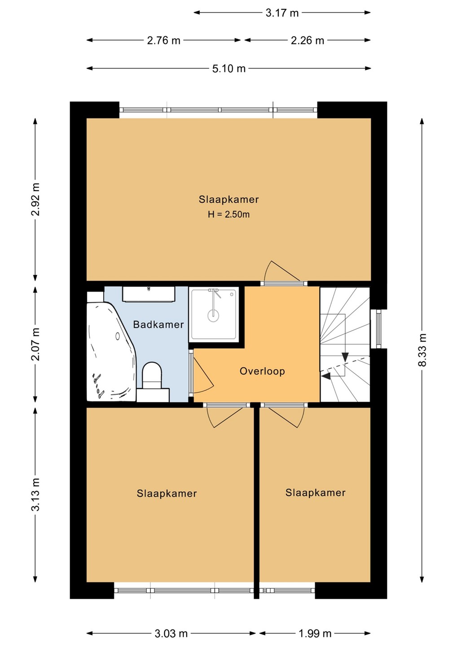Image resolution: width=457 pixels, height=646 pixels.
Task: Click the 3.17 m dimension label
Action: point(282,13)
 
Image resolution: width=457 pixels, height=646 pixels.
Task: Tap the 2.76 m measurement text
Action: point(163,40)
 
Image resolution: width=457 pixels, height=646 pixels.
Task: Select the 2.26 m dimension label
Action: point(307,40)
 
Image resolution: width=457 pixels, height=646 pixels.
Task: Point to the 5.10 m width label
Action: point(229,69)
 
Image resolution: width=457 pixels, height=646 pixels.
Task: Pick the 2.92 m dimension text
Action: point(35,199)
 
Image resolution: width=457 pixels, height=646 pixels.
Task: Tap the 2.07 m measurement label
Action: point(35,344)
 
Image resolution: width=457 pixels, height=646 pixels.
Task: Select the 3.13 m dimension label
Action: point(35,494)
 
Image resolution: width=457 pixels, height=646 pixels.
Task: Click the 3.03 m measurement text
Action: point(171,633)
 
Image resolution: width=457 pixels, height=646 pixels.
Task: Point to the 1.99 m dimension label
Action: point(315,633)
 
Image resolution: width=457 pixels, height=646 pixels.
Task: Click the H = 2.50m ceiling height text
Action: point(229,214)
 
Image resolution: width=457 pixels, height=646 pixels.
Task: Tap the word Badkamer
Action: point(158,325)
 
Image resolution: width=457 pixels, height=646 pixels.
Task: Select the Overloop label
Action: point(262,371)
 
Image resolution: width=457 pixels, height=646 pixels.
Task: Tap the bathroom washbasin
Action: point(149,294)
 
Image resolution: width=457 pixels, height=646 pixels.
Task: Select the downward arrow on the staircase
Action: point(345,357)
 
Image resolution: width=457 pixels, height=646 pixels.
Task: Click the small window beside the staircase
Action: point(378,329)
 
